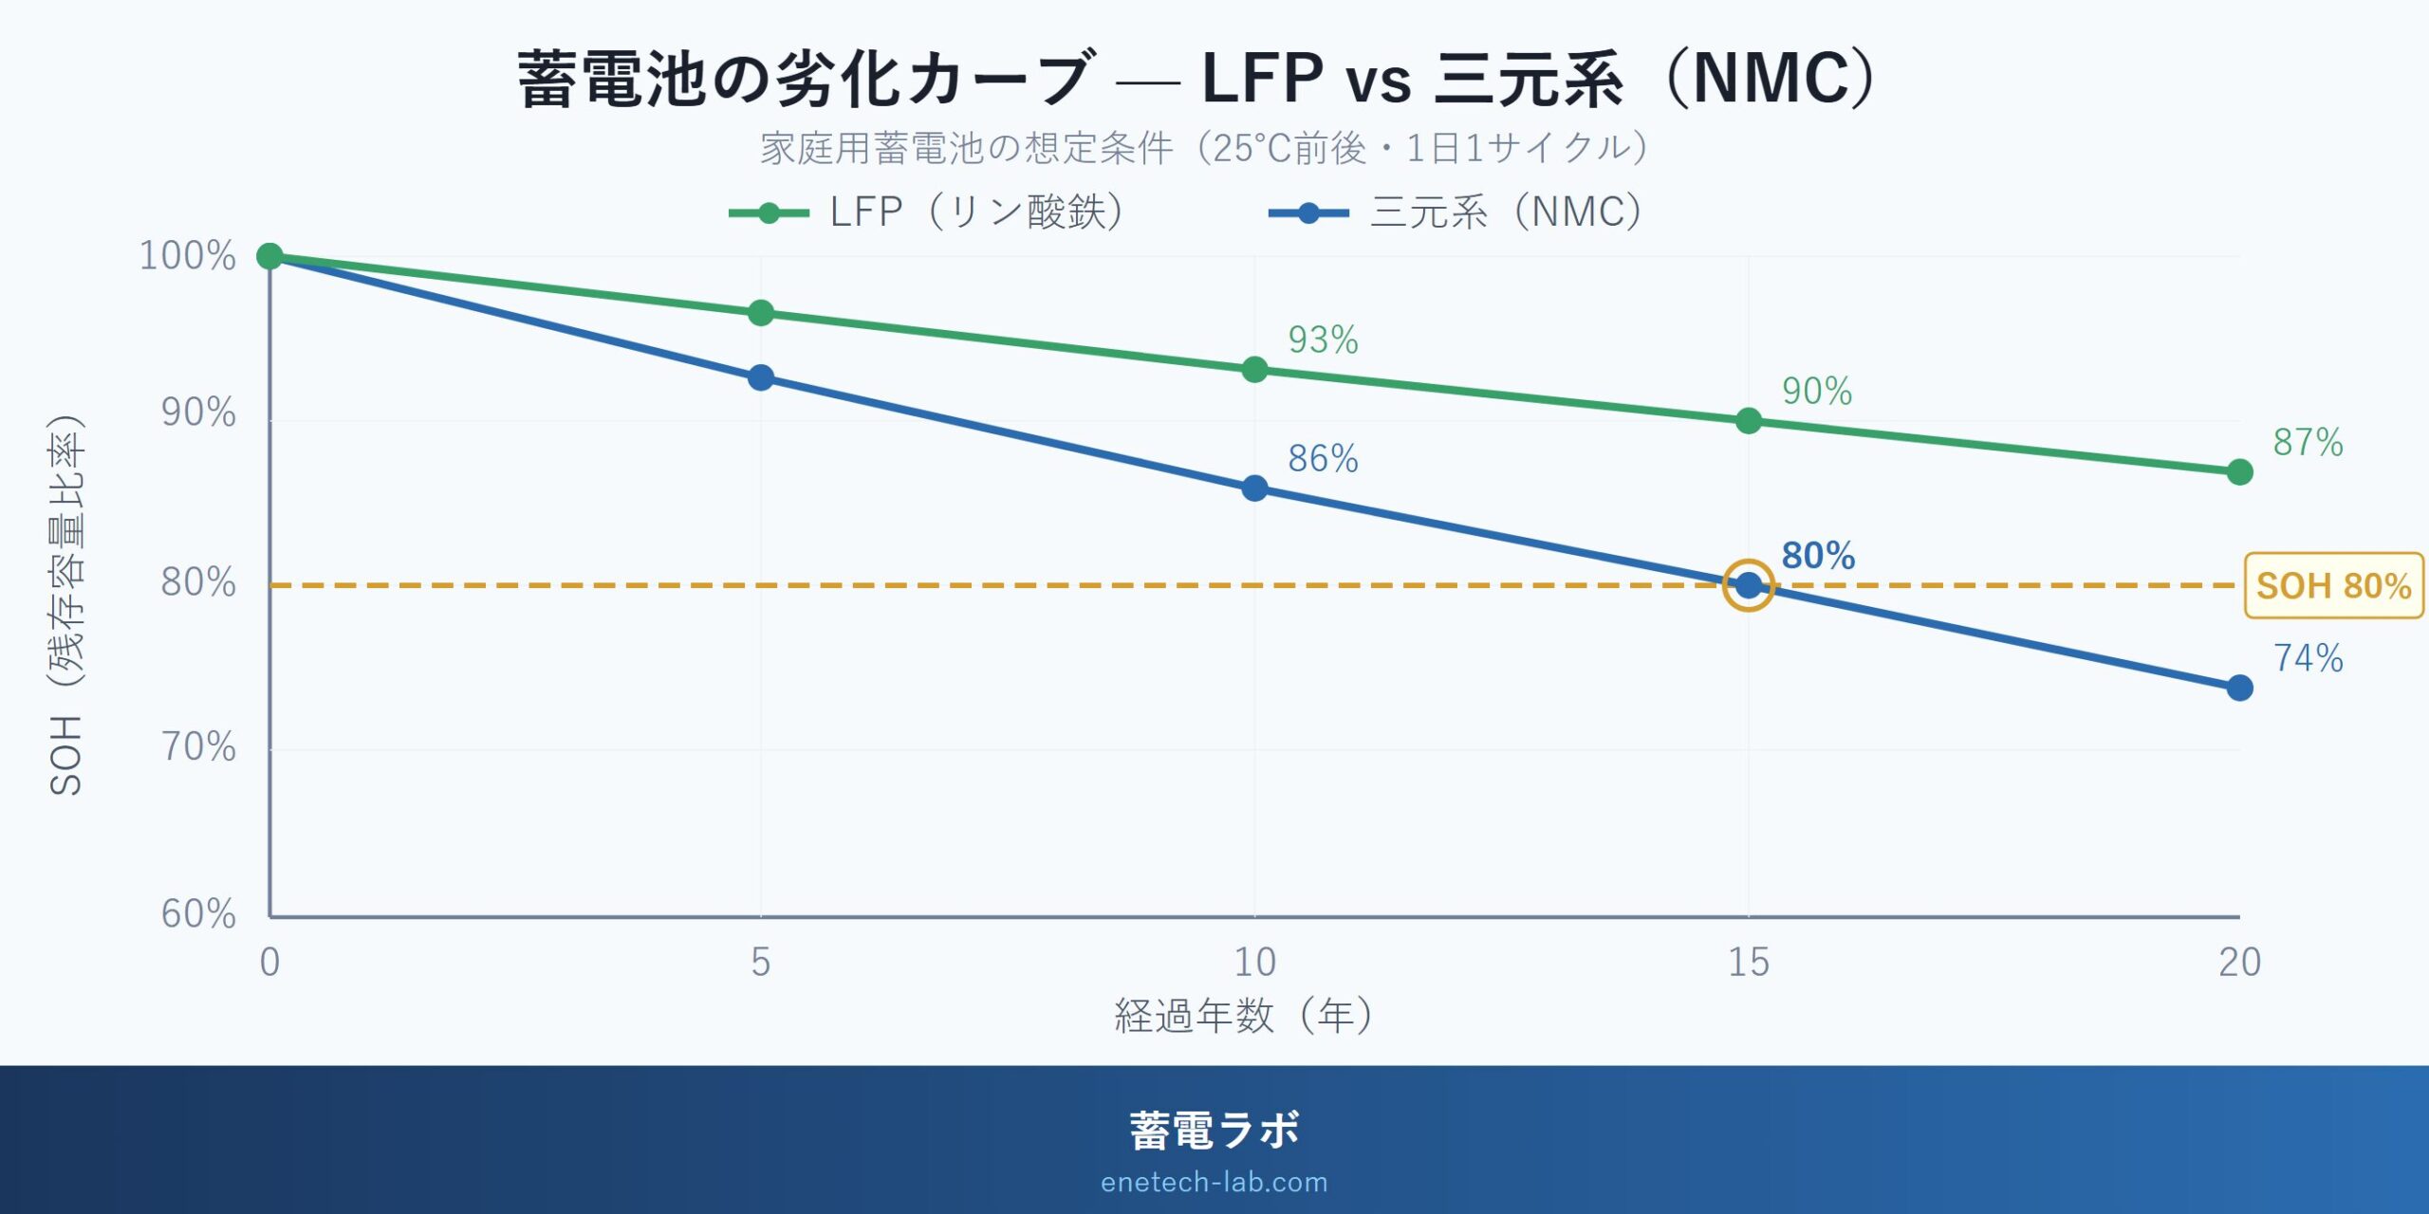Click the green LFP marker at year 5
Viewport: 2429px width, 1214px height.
click(760, 313)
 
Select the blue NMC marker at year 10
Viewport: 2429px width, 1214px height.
click(1254, 488)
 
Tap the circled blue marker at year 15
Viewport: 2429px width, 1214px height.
click(1748, 585)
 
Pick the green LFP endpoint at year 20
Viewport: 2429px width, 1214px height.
click(2239, 471)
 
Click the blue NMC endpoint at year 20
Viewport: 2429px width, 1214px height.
click(2239, 688)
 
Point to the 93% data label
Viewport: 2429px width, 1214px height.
click(1323, 340)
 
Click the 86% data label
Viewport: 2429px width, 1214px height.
click(1323, 459)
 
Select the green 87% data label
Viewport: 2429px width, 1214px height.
click(2308, 442)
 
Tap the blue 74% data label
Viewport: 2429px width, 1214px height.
click(2308, 658)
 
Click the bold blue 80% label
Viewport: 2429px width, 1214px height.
click(1818, 556)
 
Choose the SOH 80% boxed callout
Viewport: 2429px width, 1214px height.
click(2333, 586)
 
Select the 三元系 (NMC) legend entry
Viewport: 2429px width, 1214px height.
click(1457, 212)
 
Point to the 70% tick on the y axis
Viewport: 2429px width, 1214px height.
click(198, 747)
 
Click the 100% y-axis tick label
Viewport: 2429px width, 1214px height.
click(188, 256)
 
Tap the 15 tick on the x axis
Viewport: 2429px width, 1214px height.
click(1748, 963)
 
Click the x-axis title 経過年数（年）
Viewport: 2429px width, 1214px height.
click(1243, 1016)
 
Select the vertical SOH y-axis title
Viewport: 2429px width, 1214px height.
click(66, 607)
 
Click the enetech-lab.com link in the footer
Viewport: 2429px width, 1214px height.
click(1214, 1182)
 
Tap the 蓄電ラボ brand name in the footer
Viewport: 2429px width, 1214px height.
click(1214, 1131)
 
